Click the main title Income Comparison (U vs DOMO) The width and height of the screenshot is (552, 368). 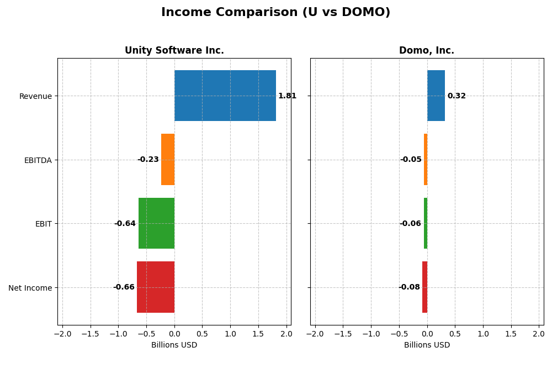click(x=275, y=12)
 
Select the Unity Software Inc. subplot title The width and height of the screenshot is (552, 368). click(x=174, y=50)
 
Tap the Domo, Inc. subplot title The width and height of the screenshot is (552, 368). click(x=427, y=50)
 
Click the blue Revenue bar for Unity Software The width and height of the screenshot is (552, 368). click(x=225, y=96)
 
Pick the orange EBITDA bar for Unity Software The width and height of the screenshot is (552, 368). click(x=168, y=160)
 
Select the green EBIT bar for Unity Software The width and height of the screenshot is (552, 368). click(x=156, y=223)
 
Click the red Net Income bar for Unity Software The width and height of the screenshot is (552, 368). click(x=156, y=287)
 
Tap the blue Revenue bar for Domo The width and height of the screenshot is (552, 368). click(x=436, y=96)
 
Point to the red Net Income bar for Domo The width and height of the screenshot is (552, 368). click(x=424, y=287)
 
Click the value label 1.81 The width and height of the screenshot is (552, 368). click(x=287, y=96)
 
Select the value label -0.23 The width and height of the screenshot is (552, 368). click(x=148, y=160)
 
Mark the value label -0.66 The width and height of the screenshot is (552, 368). click(x=124, y=287)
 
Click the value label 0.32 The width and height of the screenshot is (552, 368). click(x=457, y=96)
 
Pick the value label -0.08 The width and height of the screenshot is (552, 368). click(x=409, y=287)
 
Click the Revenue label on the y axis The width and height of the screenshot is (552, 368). click(x=35, y=96)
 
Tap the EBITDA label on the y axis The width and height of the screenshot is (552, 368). click(x=38, y=160)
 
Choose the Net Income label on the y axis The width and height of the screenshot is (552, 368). click(x=30, y=288)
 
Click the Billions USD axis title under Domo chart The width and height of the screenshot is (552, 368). click(x=427, y=345)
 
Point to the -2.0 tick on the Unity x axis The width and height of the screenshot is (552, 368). click(x=62, y=334)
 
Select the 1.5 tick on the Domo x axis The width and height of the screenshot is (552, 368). click(x=511, y=334)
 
